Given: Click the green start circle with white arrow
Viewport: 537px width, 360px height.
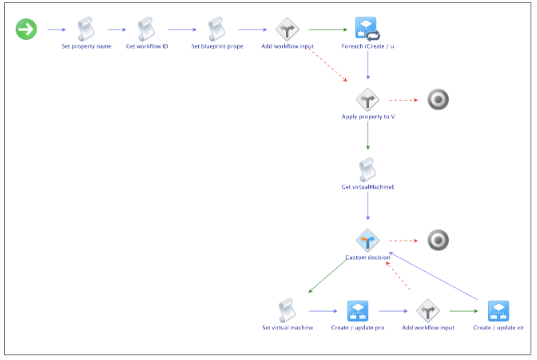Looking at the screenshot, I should [x=26, y=29].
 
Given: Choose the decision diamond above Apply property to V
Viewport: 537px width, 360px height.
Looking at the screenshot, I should [x=368, y=99].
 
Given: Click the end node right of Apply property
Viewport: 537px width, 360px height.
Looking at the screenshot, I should [x=437, y=99].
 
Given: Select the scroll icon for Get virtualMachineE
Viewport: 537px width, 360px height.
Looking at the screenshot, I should [x=368, y=169].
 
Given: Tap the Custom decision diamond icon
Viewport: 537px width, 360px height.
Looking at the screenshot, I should [x=368, y=240].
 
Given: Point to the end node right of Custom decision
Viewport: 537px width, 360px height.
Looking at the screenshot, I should [x=437, y=240].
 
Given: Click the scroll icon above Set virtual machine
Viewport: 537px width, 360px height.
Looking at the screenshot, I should [x=288, y=310].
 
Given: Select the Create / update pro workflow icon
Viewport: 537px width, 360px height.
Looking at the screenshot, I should [x=358, y=310].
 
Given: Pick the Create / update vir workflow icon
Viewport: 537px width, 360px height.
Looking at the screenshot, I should [x=498, y=310].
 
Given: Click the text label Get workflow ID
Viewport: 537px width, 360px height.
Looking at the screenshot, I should [x=147, y=47].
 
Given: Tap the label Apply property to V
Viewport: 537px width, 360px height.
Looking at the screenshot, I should [x=368, y=117].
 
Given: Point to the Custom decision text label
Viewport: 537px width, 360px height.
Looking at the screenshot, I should [x=368, y=258].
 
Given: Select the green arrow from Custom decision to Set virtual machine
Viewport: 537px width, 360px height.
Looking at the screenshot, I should [x=330, y=274].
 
